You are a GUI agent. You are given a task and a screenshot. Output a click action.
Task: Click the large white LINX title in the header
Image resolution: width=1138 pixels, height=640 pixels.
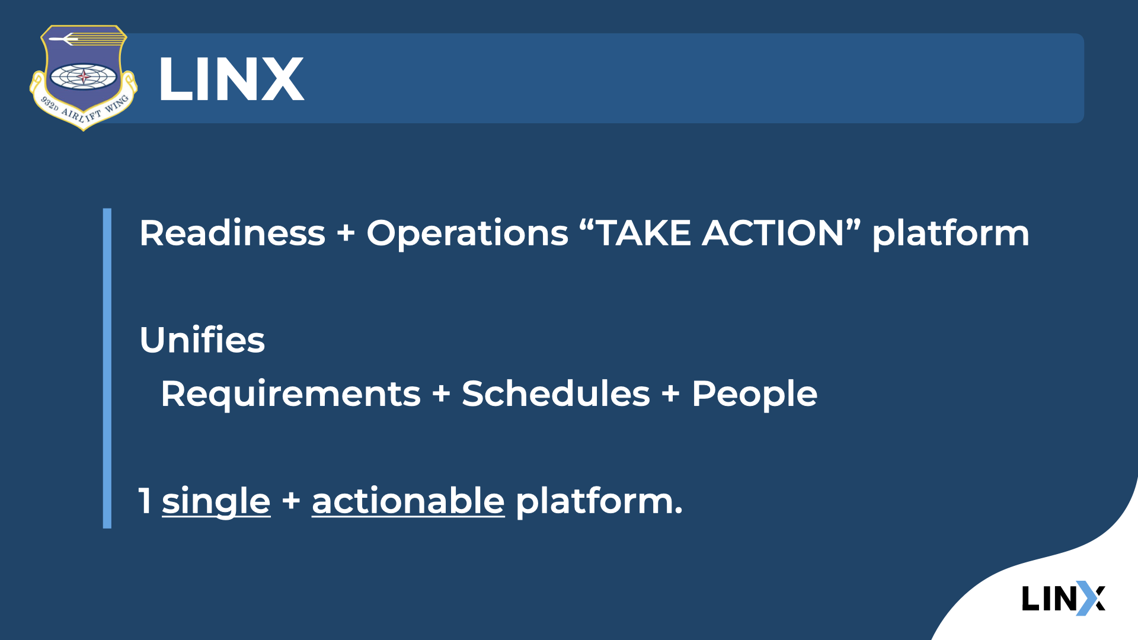pos(231,79)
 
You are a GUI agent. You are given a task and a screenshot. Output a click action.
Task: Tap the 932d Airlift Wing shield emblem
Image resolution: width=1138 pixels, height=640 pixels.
pos(84,77)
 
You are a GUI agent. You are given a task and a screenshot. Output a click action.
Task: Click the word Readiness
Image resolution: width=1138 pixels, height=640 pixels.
pos(232,233)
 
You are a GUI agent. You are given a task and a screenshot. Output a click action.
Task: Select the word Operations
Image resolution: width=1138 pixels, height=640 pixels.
pos(467,233)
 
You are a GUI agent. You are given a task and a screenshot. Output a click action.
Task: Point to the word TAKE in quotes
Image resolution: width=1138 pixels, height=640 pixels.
pos(643,233)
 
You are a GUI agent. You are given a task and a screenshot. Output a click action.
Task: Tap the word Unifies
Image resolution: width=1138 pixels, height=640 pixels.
pos(202,340)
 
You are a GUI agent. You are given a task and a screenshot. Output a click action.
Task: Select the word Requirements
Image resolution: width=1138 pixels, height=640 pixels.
pos(290,395)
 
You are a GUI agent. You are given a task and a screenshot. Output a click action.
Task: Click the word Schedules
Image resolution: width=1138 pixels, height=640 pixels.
pos(555,394)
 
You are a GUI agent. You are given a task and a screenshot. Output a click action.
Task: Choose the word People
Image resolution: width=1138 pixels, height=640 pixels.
pos(754,395)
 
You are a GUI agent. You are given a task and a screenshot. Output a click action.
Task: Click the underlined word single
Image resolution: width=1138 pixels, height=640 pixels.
pos(216,502)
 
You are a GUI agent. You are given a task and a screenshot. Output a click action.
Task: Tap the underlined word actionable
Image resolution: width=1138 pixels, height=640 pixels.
pos(408,501)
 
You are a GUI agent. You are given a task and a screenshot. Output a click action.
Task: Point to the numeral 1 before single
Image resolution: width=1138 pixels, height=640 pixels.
pos(145,501)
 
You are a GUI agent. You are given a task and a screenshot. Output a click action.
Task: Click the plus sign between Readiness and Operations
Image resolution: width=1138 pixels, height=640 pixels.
pos(346,233)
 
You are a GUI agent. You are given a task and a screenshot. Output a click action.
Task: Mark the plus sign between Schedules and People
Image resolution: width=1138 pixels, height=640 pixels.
pos(670,393)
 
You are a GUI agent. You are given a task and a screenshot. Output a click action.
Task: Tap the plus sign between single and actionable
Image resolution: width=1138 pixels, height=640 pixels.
pos(291,501)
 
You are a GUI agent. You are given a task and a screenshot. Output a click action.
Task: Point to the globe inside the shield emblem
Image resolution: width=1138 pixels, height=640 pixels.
pos(84,76)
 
